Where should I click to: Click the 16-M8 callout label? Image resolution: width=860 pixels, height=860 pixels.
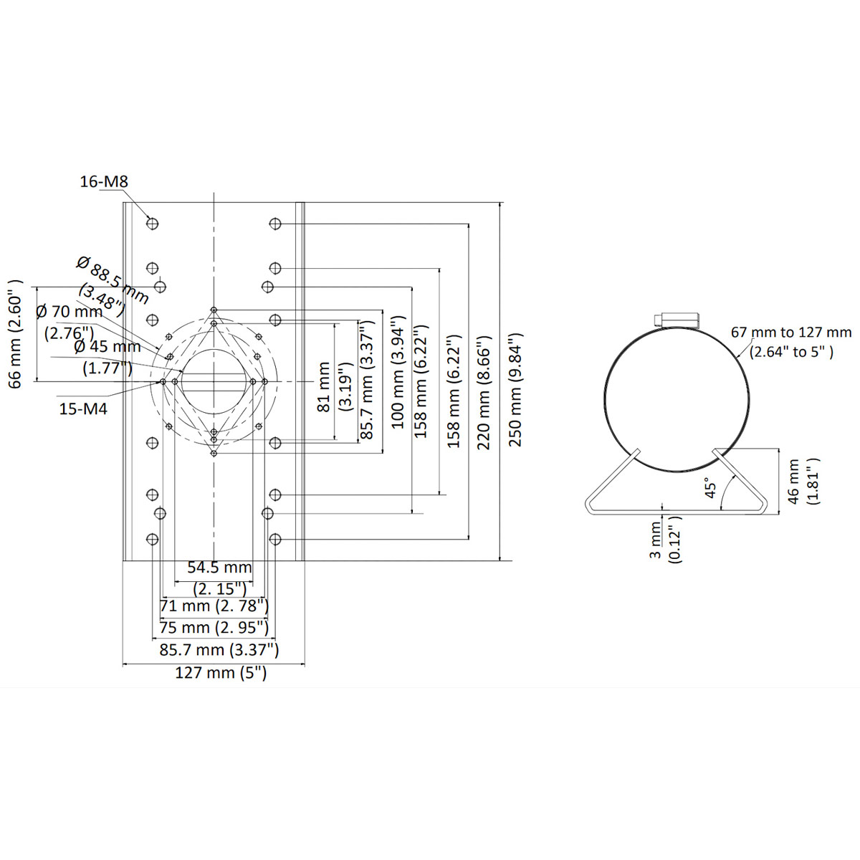point(104,182)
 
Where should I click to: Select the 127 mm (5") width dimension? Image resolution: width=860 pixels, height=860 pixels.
point(221,673)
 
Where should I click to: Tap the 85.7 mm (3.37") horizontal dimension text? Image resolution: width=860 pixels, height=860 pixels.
point(219,650)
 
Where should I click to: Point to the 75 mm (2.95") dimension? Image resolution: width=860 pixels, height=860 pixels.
point(214,627)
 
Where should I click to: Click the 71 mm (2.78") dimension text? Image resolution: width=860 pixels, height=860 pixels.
point(214,606)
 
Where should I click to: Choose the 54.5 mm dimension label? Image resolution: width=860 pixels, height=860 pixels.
point(219,568)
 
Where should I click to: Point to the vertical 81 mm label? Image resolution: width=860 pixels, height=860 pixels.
point(325,387)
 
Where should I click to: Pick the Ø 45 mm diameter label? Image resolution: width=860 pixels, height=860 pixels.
point(107,346)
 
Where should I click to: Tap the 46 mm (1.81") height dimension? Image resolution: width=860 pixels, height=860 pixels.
point(801,482)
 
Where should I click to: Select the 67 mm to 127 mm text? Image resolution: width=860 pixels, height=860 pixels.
point(791,333)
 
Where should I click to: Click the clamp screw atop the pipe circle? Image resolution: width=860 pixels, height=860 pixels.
point(677,319)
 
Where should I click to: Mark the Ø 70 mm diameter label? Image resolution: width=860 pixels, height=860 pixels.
point(69,312)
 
